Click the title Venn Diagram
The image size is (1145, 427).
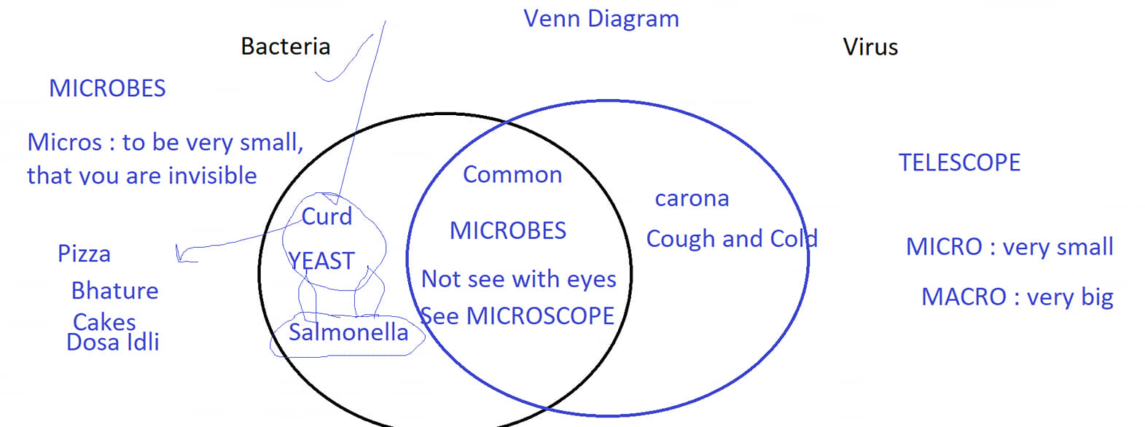coord(601,20)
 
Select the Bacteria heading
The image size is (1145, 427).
coord(286,47)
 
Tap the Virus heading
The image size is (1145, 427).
coord(870,47)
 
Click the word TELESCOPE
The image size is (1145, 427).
coord(959,163)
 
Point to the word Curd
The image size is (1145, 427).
coord(327,216)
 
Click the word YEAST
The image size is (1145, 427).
coord(321,261)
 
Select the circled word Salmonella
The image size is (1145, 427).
coord(348,332)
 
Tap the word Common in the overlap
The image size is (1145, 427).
coord(512,175)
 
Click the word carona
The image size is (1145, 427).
coord(692,199)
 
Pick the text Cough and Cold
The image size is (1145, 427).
coord(732,238)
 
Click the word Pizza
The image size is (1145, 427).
coord(84,254)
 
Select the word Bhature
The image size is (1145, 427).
coord(115,291)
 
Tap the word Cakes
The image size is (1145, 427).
coord(104,322)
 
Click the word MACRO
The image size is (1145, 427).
coord(964,297)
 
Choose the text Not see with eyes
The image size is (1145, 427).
coord(519,279)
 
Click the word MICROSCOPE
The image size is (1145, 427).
coord(540,316)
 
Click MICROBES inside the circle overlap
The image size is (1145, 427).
coord(508,231)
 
